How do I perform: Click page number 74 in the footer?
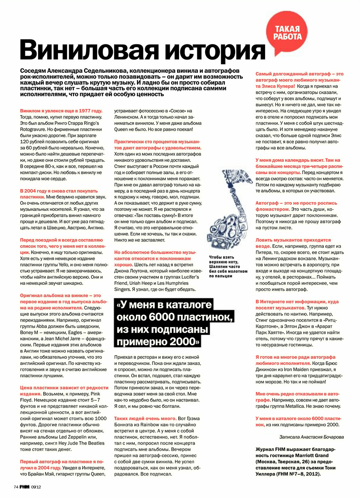(16, 487)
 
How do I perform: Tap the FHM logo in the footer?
(25, 487)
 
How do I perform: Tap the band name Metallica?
(309, 406)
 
